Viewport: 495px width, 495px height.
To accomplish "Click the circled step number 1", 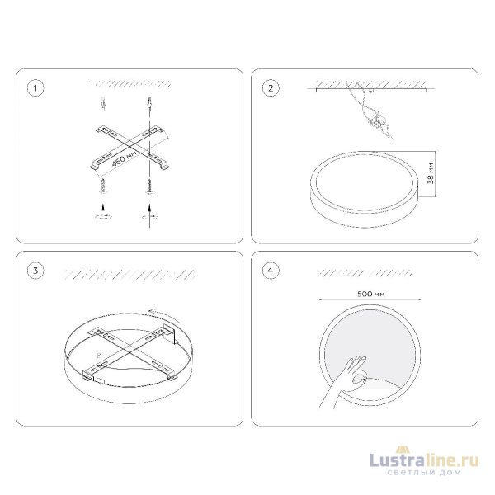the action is point(35,88).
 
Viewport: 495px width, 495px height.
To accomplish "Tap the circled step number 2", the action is point(271,88).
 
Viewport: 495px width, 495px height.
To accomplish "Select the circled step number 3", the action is point(35,271).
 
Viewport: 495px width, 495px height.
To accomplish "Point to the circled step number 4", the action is point(271,271).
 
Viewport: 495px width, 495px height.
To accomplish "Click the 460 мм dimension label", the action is point(125,158).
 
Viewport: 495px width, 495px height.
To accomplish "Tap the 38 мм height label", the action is point(430,173).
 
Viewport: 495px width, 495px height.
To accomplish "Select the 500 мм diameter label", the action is point(371,294).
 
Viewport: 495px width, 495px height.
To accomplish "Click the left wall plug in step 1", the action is point(102,104).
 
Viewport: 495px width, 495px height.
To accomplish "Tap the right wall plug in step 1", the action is point(149,102).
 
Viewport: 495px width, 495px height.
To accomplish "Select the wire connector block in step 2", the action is point(378,121).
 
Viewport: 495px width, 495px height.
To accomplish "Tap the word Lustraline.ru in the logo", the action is point(424,461).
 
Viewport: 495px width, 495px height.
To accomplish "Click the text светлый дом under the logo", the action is point(424,473).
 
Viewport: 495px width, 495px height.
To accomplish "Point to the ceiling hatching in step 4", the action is point(365,273).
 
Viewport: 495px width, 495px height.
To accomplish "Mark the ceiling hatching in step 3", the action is point(130,275).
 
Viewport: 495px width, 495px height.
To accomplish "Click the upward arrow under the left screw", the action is point(102,207).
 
